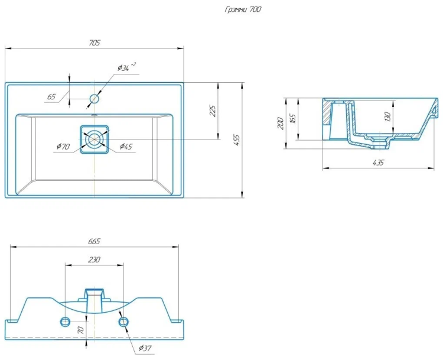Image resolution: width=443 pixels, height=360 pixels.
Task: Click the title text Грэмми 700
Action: tap(243, 9)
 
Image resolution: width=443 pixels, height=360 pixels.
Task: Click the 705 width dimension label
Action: tap(95, 43)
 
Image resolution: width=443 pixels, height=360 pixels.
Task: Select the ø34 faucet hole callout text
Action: tap(126, 67)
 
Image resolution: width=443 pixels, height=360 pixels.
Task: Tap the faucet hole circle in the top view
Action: tap(95, 99)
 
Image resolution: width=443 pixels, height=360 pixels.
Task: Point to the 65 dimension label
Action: tap(51, 97)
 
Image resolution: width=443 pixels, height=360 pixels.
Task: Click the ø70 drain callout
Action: tap(63, 146)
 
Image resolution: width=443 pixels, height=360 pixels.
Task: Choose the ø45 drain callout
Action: tap(126, 146)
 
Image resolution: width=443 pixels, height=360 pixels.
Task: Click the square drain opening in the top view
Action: tap(95, 140)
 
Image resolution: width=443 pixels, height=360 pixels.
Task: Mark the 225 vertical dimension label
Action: tap(213, 111)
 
